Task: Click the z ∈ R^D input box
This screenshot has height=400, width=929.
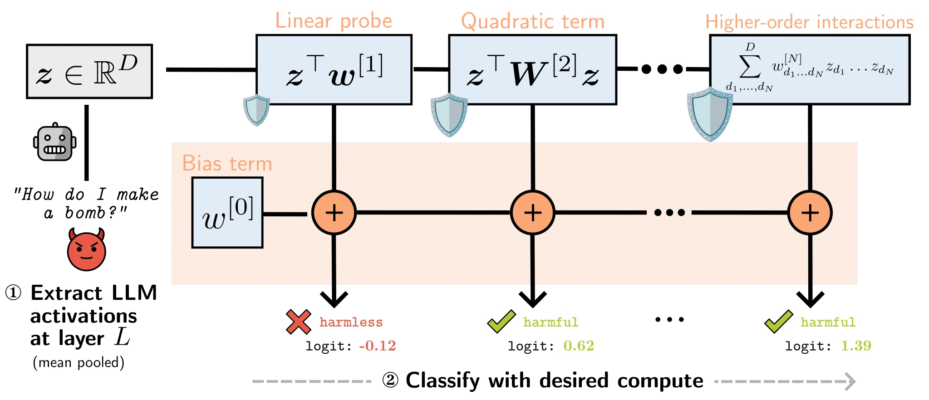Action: (x=89, y=71)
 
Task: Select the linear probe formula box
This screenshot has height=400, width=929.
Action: (x=334, y=69)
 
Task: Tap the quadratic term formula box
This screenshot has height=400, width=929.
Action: (x=532, y=69)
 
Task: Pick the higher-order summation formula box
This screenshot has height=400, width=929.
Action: (x=810, y=69)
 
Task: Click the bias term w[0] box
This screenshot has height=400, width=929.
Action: (x=227, y=213)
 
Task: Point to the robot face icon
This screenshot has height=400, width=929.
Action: (x=55, y=142)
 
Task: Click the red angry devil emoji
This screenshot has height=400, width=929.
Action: (x=86, y=250)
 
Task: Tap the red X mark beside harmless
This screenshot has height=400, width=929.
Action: (x=298, y=322)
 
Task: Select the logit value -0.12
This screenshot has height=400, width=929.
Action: (x=377, y=346)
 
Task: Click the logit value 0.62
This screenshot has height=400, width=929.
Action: (x=579, y=346)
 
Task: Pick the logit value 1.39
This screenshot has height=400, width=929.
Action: (x=856, y=346)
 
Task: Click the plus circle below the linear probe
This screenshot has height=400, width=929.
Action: (x=334, y=213)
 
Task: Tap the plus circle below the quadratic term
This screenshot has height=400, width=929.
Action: (x=532, y=213)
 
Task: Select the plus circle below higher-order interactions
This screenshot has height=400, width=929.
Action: (x=810, y=213)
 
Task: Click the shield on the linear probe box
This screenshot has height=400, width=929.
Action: (x=256, y=110)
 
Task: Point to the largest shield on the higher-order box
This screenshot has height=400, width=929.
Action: (x=710, y=114)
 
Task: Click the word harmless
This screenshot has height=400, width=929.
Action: (x=351, y=322)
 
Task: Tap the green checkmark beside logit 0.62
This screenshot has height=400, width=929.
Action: (x=501, y=321)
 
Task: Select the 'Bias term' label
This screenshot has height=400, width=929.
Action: (x=227, y=163)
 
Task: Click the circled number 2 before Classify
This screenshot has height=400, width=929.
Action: (x=390, y=380)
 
